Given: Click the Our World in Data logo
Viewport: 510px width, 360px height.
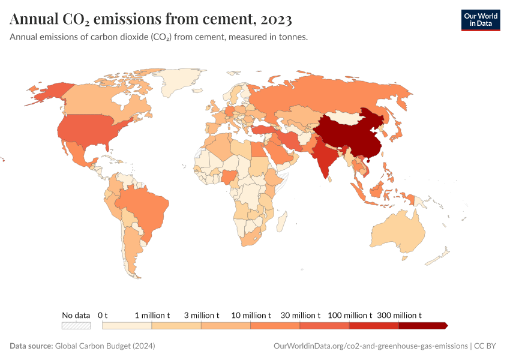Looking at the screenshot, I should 480,20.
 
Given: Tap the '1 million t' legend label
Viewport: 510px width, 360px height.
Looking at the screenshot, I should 152,315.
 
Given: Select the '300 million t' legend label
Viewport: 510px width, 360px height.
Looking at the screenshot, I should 399,315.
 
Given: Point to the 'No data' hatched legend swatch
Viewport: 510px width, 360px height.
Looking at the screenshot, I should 76,326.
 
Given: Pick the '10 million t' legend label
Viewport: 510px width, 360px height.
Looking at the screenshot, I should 251,315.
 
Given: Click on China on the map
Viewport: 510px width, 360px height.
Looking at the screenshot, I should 345,135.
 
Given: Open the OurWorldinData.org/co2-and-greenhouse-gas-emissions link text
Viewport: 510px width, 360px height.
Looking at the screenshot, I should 370,346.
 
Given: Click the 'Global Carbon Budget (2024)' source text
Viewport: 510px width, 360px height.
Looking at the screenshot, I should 105,346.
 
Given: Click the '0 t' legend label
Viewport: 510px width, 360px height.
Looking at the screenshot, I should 103,315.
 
